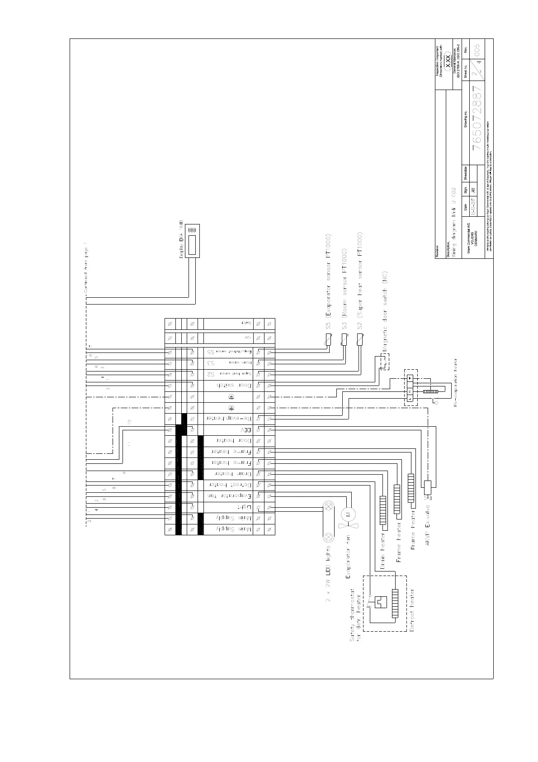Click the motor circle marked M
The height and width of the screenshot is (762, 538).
(348, 513)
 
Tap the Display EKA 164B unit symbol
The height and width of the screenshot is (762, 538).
(192, 241)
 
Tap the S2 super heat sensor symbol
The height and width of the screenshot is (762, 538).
(360, 340)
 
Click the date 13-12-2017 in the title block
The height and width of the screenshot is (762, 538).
(473, 206)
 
